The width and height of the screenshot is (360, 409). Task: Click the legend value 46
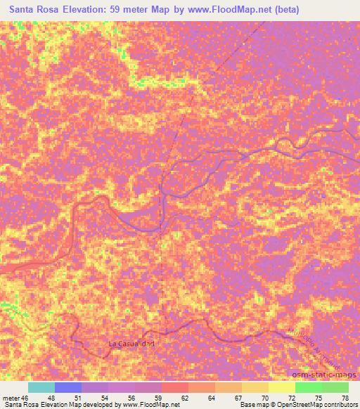(25, 397)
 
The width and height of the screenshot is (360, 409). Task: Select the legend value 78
(344, 397)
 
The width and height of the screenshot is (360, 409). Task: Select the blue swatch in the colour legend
(67, 387)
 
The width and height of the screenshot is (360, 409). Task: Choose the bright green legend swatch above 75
(308, 387)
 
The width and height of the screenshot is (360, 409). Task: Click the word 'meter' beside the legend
(11, 397)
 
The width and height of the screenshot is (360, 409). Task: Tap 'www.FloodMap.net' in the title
(226, 10)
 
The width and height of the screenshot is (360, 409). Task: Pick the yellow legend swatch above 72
(281, 387)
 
